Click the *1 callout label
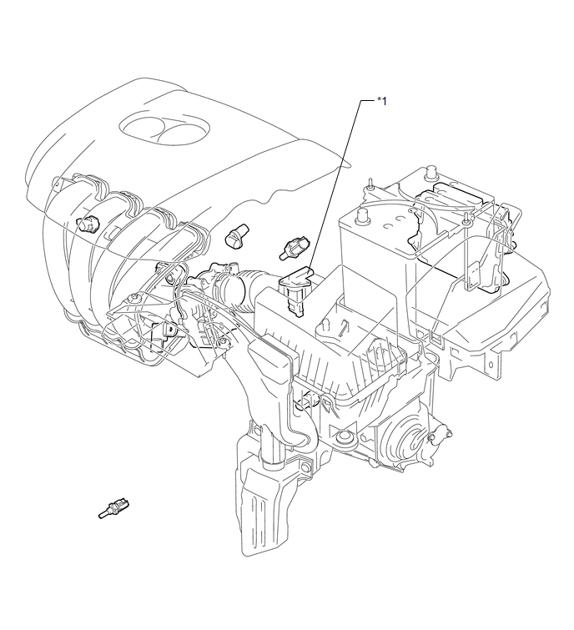click(381, 101)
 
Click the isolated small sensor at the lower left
click(114, 508)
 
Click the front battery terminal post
click(363, 216)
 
